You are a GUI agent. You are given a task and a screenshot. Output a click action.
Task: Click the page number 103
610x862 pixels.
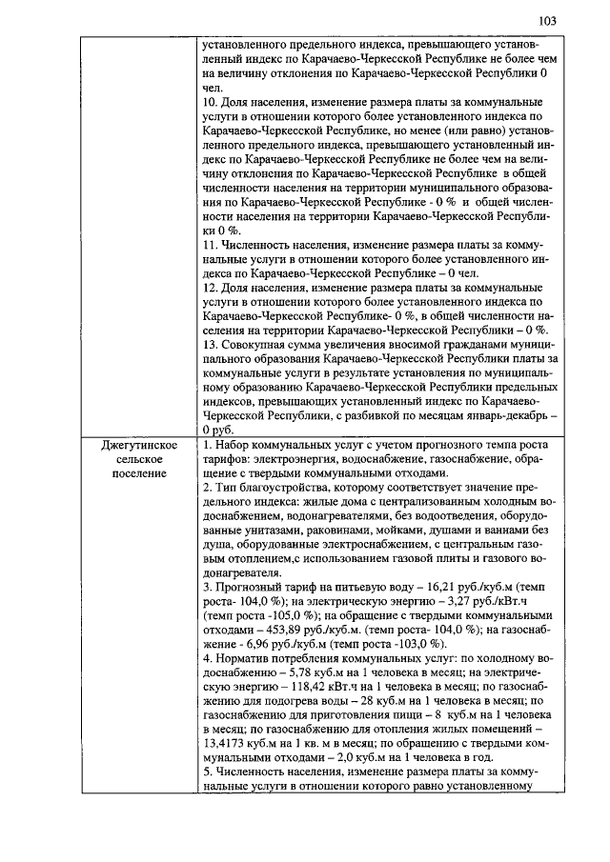pos(546,21)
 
